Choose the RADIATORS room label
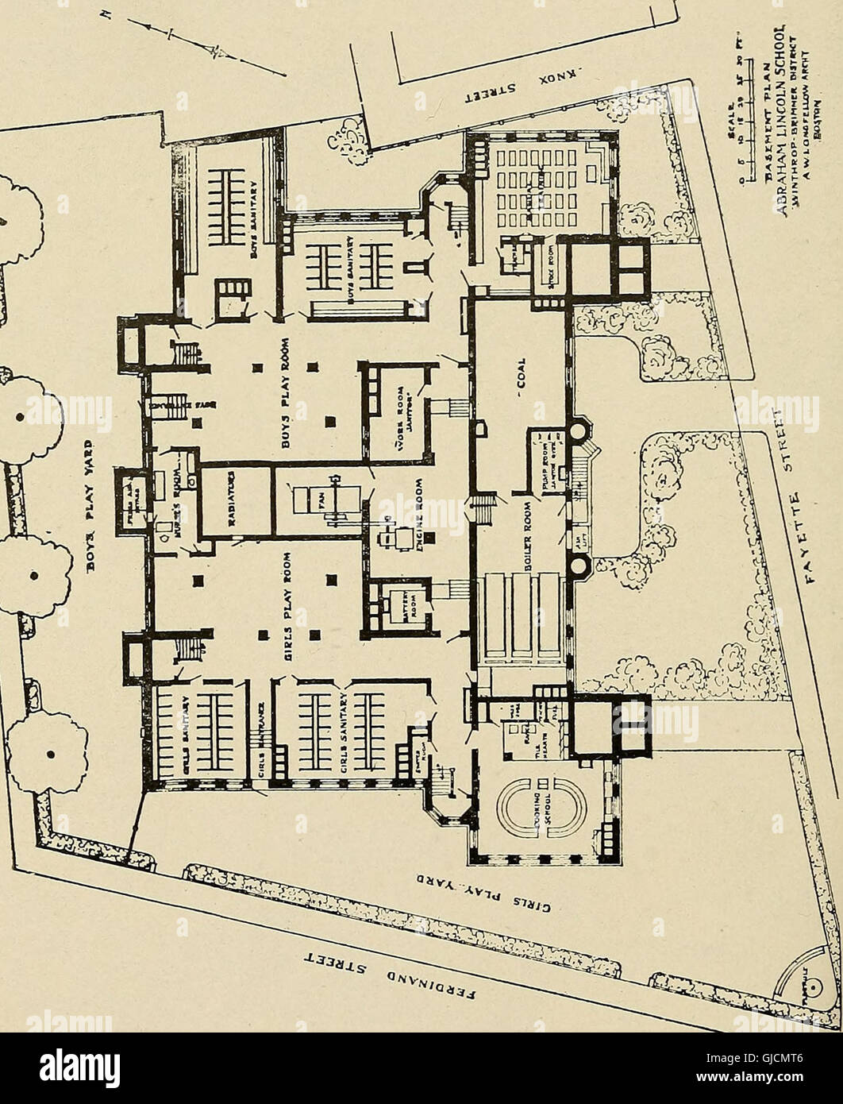point(234,500)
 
